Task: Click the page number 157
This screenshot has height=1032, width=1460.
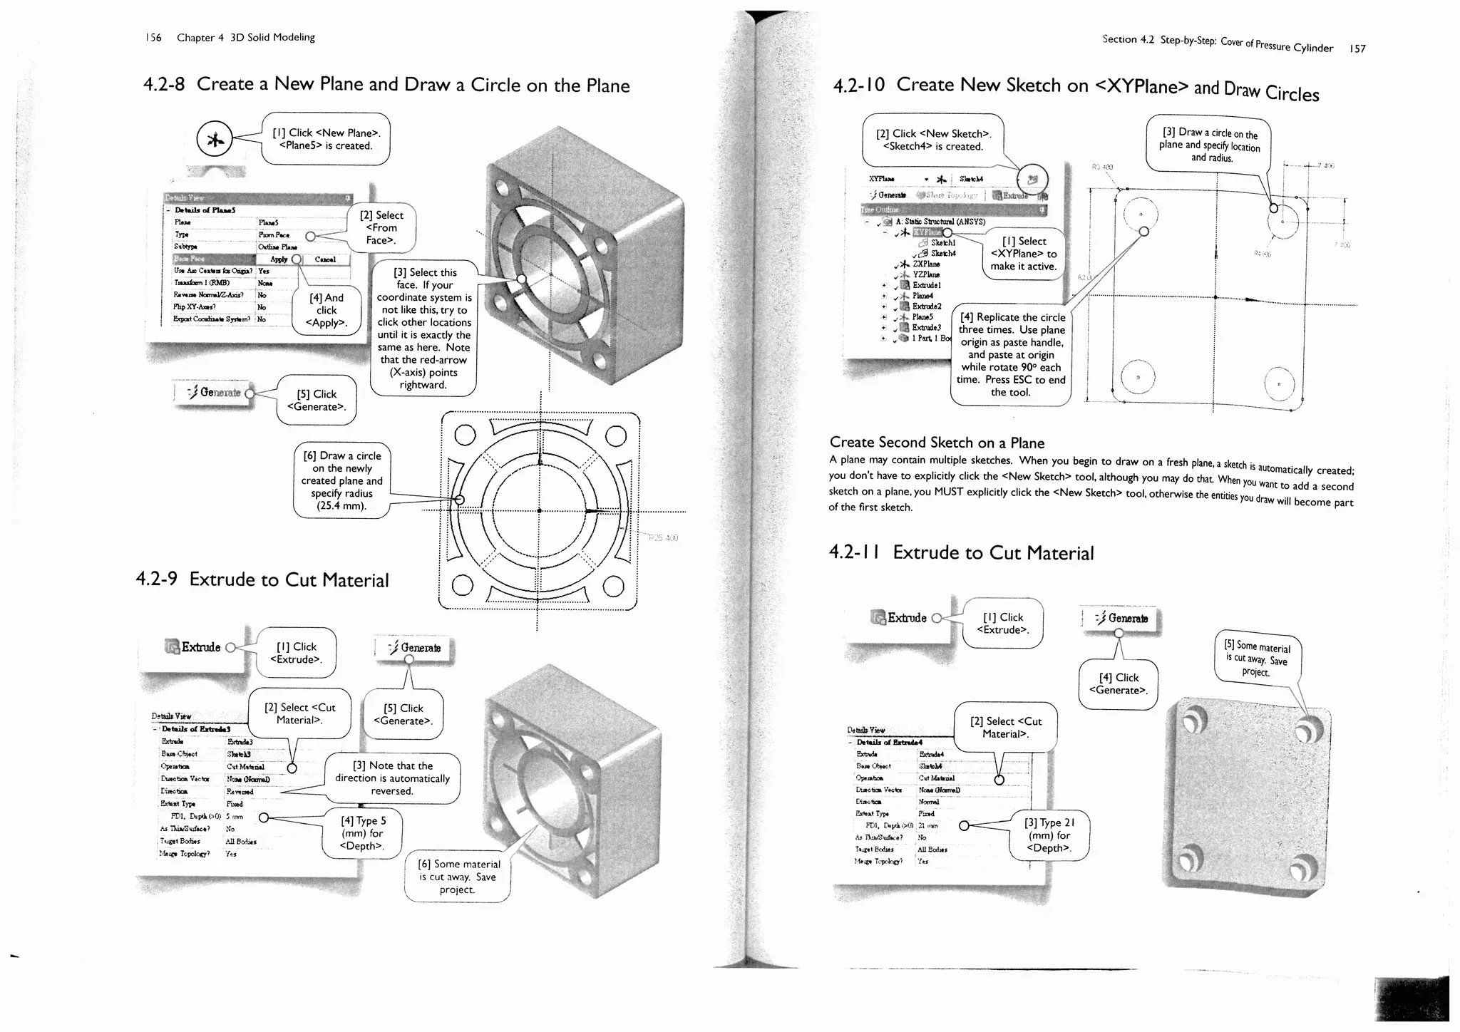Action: (x=1357, y=48)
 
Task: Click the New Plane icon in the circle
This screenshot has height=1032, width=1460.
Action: (x=215, y=140)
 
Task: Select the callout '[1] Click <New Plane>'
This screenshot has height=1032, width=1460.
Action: (x=326, y=139)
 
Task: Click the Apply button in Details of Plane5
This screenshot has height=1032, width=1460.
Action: (x=279, y=259)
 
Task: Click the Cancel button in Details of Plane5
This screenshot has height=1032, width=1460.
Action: (x=325, y=259)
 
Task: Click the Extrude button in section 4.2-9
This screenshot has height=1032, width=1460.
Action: (x=193, y=647)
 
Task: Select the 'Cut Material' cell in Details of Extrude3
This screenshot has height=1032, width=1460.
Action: (x=245, y=767)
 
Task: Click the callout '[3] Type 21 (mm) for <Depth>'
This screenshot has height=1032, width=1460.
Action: (x=1049, y=835)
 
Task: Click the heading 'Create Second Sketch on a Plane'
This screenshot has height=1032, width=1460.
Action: (x=937, y=443)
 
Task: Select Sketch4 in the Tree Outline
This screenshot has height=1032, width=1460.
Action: (x=942, y=254)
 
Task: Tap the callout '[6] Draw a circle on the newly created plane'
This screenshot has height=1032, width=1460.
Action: (x=341, y=481)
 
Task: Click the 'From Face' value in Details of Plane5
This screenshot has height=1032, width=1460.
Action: (x=274, y=234)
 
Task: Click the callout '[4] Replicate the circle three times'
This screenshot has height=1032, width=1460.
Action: (x=1011, y=354)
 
